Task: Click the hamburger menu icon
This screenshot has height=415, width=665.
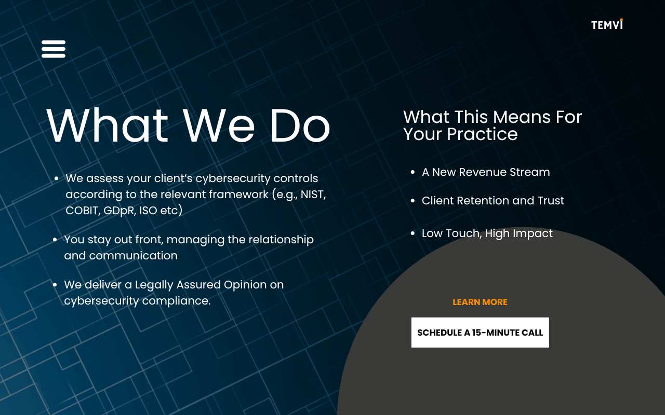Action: (54, 49)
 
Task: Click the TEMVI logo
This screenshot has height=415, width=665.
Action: (607, 24)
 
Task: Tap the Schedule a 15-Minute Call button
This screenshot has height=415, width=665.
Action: (480, 333)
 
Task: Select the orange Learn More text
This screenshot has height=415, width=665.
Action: (480, 302)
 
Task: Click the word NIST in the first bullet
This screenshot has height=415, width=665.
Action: (313, 195)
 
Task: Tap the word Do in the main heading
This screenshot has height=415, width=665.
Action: (300, 126)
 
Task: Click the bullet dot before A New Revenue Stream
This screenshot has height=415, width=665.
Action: (413, 172)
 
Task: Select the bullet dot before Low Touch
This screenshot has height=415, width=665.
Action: (413, 233)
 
